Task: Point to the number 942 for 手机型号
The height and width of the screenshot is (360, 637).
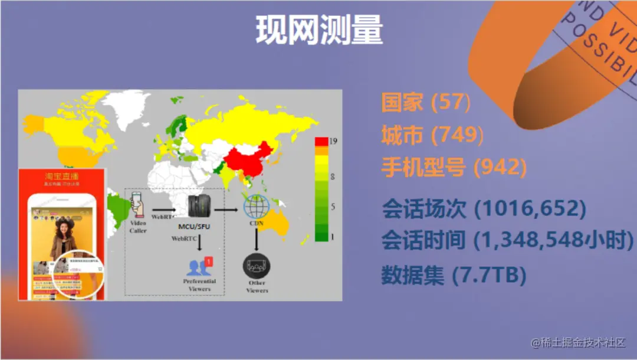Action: [x=500, y=168]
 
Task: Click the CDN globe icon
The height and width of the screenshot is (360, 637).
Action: [x=257, y=207]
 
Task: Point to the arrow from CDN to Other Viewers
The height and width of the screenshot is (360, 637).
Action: [x=257, y=239]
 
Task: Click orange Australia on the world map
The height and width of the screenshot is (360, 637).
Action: [x=275, y=221]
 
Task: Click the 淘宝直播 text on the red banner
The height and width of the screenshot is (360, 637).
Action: [x=61, y=176]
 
